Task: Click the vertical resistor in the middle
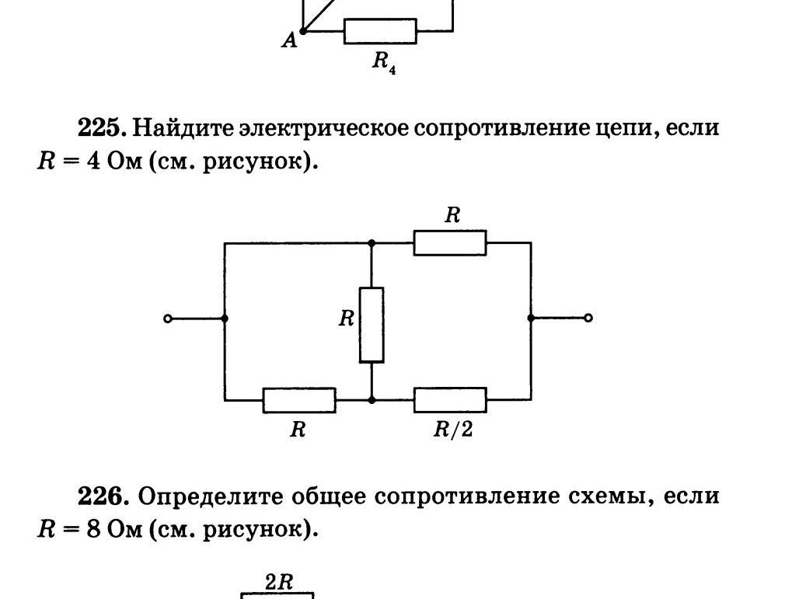pos(372,325)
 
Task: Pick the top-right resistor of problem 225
pos(450,242)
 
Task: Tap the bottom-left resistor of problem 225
pos(299,400)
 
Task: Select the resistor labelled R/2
pos(450,400)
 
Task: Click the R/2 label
pos(453,430)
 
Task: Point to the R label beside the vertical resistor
pos(347,318)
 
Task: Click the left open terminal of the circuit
pos(168,318)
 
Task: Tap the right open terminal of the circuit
pos(588,318)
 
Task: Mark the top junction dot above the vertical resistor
pos(372,243)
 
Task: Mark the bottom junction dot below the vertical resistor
pos(372,400)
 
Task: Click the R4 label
pos(383,62)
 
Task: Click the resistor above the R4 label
pos(380,31)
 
